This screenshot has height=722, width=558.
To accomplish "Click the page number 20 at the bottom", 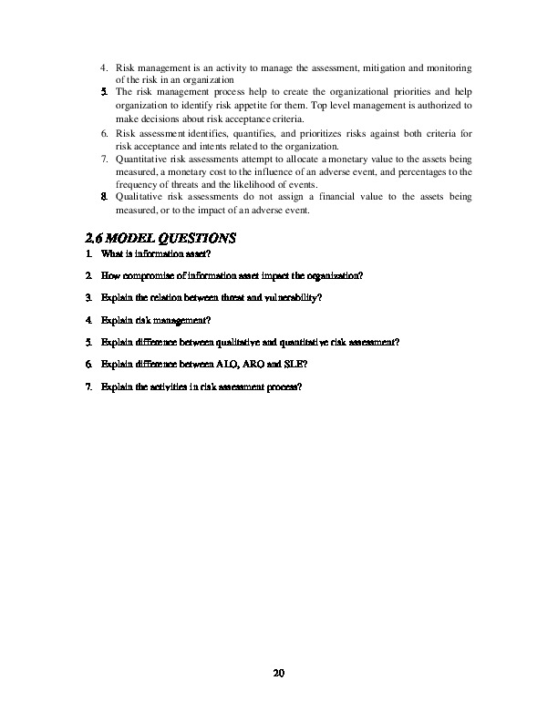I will tap(279, 675).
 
